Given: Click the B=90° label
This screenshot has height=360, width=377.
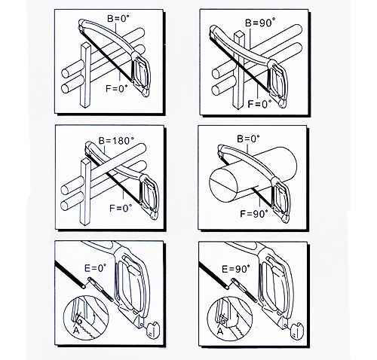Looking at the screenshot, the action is (259, 23).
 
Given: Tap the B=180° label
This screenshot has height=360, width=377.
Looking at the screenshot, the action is (115, 141).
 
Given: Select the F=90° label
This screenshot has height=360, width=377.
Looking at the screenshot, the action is (254, 214).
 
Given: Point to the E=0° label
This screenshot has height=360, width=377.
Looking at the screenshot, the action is (95, 268).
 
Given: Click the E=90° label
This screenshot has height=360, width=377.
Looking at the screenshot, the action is (236, 269).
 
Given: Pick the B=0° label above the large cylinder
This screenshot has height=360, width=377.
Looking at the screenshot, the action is (248, 139).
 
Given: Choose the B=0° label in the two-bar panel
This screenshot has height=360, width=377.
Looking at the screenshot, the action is (118, 19).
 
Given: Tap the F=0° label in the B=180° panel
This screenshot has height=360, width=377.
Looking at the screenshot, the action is (121, 208).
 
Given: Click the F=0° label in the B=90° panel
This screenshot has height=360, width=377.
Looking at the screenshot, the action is (260, 103).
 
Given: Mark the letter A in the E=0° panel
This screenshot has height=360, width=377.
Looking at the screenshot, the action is (76, 331).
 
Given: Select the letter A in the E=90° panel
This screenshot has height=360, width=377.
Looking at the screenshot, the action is (220, 331).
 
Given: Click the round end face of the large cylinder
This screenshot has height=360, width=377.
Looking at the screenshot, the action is (223, 186).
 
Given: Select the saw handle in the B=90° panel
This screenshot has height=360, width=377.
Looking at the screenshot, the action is (277, 83).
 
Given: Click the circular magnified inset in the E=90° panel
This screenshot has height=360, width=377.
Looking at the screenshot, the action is (230, 319).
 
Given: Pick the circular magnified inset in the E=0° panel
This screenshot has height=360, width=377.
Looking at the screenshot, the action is (86, 318).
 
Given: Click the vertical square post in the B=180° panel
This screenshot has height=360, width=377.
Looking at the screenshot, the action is (85, 193).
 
